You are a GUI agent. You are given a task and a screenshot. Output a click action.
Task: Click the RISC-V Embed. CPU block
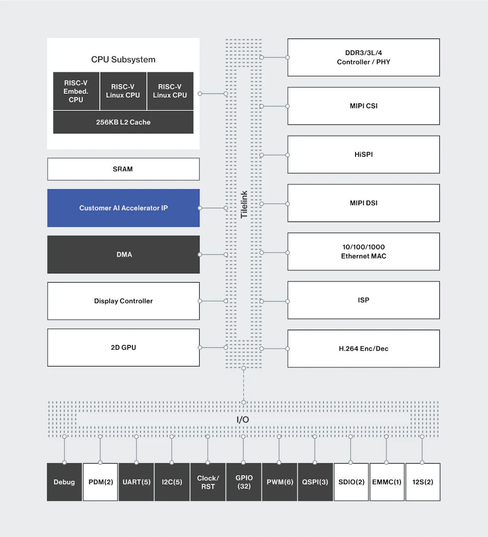(76, 91)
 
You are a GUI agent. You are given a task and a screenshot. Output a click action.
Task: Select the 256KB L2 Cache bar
(123, 122)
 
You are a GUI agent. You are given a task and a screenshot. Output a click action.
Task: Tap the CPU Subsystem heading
(123, 60)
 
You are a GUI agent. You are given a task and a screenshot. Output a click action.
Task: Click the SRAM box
(123, 169)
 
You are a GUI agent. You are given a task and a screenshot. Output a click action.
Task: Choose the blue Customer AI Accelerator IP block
(123, 208)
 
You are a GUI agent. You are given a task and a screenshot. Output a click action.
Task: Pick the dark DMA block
(123, 254)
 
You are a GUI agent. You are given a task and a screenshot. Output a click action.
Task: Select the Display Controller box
(123, 301)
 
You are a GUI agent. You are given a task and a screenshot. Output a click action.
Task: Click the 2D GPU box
(123, 347)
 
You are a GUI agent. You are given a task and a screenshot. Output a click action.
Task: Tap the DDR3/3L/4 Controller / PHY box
(363, 57)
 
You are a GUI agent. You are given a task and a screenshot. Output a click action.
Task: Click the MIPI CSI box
(363, 106)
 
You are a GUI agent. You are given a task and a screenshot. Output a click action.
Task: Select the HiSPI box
(363, 154)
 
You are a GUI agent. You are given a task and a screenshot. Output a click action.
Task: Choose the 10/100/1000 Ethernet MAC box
(363, 252)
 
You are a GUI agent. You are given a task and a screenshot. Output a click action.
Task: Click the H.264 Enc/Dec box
(363, 348)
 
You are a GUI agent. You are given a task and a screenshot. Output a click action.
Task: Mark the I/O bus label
(243, 420)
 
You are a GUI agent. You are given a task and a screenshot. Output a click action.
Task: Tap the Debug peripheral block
(64, 482)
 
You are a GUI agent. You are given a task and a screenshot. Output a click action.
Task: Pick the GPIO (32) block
(244, 482)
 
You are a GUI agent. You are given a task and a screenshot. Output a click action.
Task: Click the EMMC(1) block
(387, 482)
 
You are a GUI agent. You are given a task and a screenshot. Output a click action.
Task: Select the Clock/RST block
(208, 482)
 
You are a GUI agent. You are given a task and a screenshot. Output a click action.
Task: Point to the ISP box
(363, 300)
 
